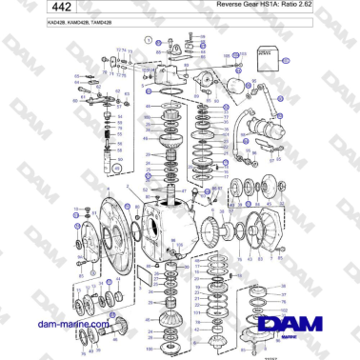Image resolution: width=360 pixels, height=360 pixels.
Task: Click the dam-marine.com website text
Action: [x=69, y=325]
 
